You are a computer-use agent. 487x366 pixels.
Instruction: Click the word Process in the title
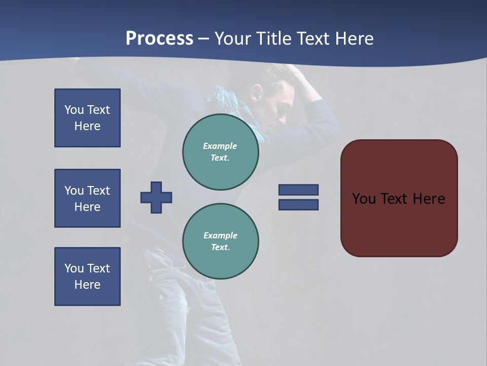pyautogui.click(x=159, y=39)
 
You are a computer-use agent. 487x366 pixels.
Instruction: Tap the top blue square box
pyautogui.click(x=87, y=118)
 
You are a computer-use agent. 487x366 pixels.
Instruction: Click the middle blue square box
pyautogui.click(x=87, y=198)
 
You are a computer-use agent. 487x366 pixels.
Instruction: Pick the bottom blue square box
pyautogui.click(x=87, y=277)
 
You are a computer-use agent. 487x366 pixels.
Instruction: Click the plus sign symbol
pyautogui.click(x=156, y=197)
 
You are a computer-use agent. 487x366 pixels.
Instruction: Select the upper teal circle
pyautogui.click(x=220, y=152)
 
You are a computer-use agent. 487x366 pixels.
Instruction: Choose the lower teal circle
pyautogui.click(x=220, y=241)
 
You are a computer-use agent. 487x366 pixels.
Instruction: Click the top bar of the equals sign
pyautogui.click(x=298, y=190)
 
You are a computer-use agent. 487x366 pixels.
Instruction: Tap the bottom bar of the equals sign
pyautogui.click(x=298, y=205)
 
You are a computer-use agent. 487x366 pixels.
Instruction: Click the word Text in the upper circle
pyautogui.click(x=220, y=158)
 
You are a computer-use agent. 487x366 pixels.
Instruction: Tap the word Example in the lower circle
pyautogui.click(x=220, y=235)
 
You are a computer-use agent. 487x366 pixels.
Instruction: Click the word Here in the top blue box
pyautogui.click(x=87, y=126)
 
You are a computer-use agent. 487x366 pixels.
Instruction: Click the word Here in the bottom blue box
pyautogui.click(x=87, y=285)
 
